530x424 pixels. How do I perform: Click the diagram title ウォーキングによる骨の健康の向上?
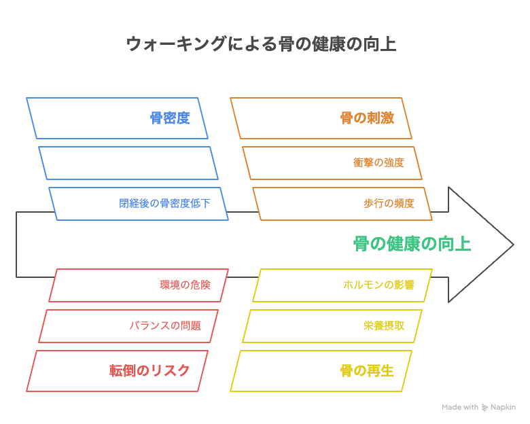click(261, 44)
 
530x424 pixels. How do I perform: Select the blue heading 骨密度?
click(170, 118)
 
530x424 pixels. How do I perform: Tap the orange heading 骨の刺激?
click(367, 118)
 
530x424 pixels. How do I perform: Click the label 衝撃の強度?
click(378, 162)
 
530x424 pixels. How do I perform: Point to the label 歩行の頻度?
click(389, 203)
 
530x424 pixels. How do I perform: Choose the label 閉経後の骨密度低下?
click(164, 203)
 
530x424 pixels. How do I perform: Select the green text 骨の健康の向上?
click(412, 244)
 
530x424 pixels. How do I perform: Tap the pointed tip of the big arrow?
click(514, 245)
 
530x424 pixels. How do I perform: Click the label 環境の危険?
click(185, 285)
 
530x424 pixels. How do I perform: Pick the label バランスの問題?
click(165, 325)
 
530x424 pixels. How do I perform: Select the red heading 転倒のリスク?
click(149, 370)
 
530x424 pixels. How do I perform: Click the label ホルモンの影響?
click(378, 285)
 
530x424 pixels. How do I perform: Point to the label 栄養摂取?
click(384, 325)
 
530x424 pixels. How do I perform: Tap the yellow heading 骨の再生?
click(367, 370)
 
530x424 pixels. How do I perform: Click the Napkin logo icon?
click(484, 408)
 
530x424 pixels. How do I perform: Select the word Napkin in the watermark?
click(503, 408)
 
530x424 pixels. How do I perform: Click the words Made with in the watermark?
click(460, 407)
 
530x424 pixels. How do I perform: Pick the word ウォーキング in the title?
click(176, 44)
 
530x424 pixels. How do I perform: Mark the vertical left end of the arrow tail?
click(16, 245)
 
